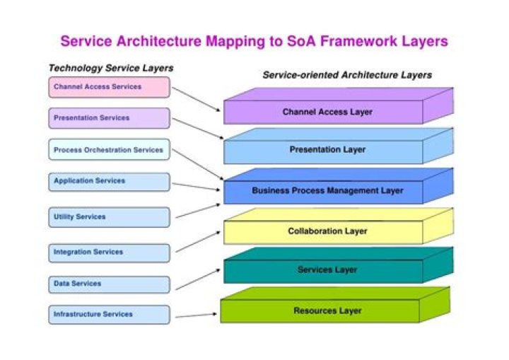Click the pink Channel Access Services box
point(109,87)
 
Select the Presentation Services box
point(109,118)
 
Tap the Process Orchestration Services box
point(109,149)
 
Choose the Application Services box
point(109,182)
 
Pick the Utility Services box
point(109,217)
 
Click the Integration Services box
point(109,253)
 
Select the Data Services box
point(109,284)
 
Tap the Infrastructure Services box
point(109,315)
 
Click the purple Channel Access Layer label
point(327,112)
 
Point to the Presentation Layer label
point(327,149)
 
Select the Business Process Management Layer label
point(327,190)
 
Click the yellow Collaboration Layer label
point(327,231)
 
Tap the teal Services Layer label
point(327,269)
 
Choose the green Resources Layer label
point(327,310)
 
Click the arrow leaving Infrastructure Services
point(196,315)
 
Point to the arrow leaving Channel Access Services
point(196,99)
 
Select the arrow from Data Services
point(198,279)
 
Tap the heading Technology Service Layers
point(111,68)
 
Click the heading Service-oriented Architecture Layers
point(347,75)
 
